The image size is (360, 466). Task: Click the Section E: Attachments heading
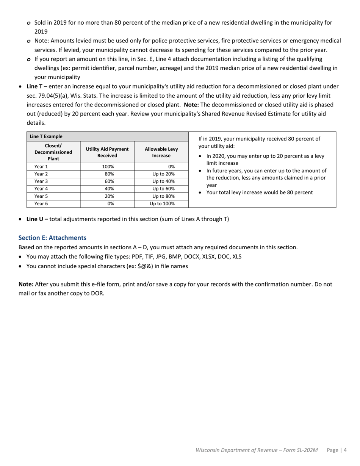(x=52, y=238)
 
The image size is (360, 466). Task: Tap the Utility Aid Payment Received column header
(x=107, y=152)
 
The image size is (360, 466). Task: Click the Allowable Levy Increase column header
(x=161, y=152)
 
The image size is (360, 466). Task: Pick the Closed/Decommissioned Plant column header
(x=53, y=152)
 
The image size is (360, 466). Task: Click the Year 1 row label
(x=41, y=166)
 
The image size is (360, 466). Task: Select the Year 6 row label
(x=41, y=203)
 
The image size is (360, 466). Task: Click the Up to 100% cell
(x=162, y=203)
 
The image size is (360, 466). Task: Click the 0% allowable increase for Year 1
(x=171, y=166)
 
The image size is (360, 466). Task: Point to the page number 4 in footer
(x=345, y=450)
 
